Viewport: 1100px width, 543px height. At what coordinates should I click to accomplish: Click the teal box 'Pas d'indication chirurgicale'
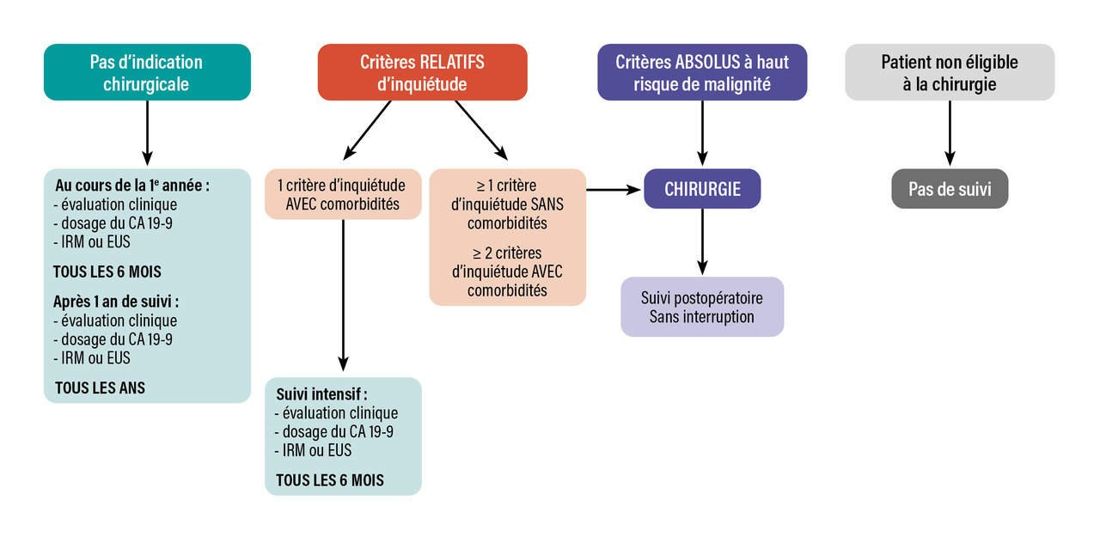(x=147, y=73)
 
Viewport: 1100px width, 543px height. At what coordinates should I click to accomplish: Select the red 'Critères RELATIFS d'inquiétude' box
(x=422, y=73)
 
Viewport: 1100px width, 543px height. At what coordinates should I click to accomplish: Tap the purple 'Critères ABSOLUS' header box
(x=702, y=73)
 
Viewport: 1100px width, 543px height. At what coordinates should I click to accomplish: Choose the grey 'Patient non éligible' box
(x=950, y=73)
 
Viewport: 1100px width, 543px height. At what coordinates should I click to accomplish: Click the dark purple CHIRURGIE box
(x=702, y=189)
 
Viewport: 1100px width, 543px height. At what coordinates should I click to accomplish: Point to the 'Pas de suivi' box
(x=950, y=189)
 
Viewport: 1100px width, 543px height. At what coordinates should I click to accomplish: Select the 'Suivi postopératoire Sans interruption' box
(x=702, y=307)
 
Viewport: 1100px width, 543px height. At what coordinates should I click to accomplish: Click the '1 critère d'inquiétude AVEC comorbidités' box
(x=342, y=194)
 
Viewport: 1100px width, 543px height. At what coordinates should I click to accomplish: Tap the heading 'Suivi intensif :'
(x=321, y=394)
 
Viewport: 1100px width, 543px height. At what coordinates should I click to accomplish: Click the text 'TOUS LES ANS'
(x=100, y=387)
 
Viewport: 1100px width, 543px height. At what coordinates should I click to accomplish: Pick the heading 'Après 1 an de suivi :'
(x=116, y=302)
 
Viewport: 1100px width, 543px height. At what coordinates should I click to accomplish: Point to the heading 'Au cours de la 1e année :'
(x=132, y=185)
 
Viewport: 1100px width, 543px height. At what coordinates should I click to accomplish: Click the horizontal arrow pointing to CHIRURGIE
(x=614, y=189)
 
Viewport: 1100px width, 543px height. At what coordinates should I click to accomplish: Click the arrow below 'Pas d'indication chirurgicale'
(x=147, y=131)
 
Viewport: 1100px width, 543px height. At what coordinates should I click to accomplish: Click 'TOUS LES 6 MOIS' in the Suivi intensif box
(x=329, y=479)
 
